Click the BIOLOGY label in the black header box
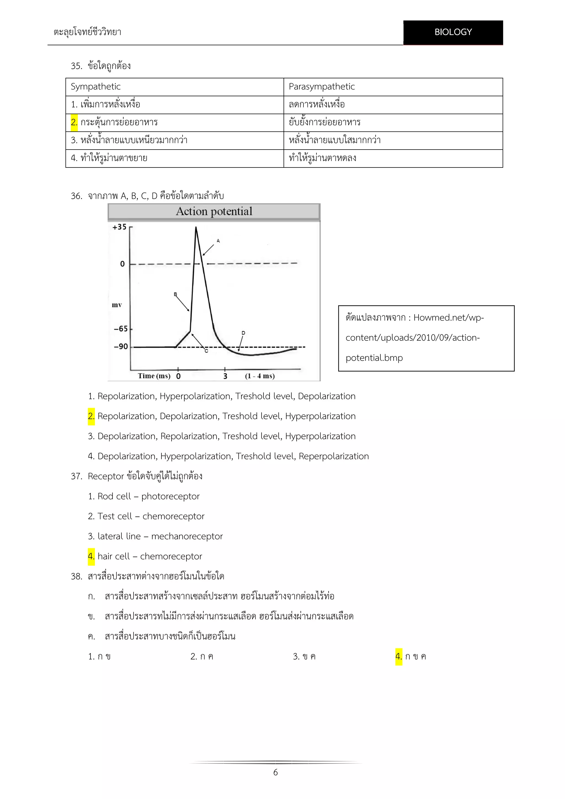[453, 32]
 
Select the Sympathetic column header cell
[96, 87]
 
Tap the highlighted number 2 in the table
[74, 122]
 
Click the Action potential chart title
[214, 211]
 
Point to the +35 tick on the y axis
[119, 227]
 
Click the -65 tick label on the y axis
[121, 329]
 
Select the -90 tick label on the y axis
[121, 347]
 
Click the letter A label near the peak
[218, 241]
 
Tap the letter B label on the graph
[175, 294]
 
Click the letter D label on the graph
[243, 333]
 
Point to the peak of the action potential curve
[196, 228]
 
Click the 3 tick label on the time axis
[225, 376]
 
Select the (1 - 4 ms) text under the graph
[260, 376]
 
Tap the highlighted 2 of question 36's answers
[91, 416]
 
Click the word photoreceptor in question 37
[170, 496]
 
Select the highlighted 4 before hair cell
[91, 556]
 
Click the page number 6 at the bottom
[275, 773]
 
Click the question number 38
[76, 577]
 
